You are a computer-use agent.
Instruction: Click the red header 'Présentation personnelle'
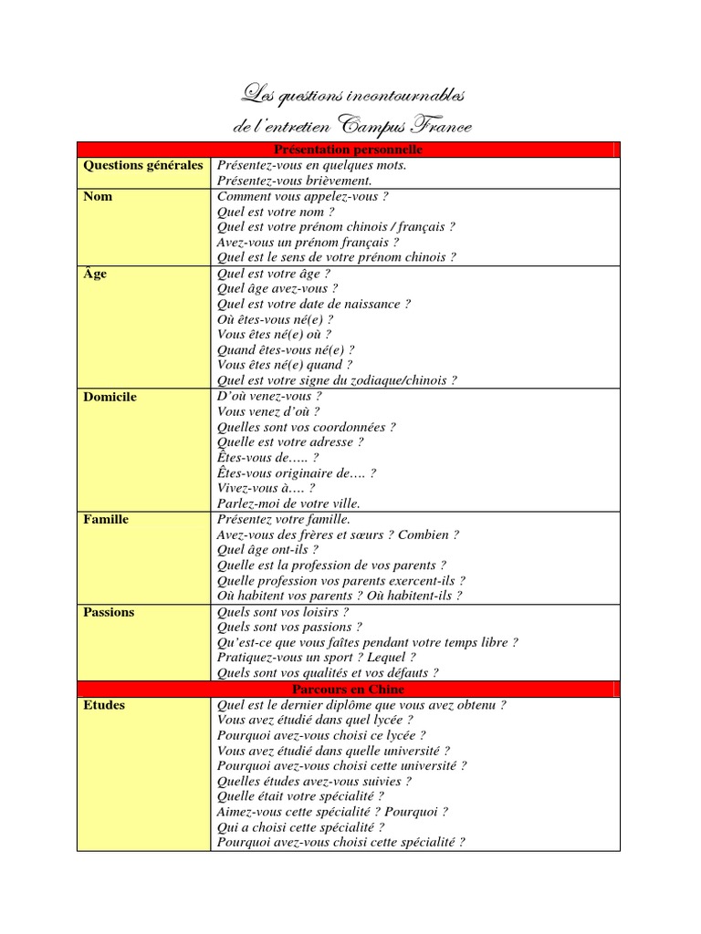tap(348, 150)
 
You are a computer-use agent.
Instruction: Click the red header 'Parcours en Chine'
tap(348, 690)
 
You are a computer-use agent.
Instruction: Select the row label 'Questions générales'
tap(143, 165)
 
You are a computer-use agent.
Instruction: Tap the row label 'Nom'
tap(98, 196)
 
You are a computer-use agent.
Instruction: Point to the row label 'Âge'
tap(95, 274)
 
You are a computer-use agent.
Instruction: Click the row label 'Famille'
tap(106, 519)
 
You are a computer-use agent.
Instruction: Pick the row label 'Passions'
tap(108, 612)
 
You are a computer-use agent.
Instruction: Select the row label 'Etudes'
tap(104, 705)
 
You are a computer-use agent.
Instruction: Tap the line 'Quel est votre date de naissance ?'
tap(314, 304)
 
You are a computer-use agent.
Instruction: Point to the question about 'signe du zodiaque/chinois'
tap(337, 380)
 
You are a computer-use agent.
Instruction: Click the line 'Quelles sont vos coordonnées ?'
tap(306, 427)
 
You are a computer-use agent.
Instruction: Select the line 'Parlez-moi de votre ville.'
tap(288, 503)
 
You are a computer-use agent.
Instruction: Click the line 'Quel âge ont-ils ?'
tap(267, 550)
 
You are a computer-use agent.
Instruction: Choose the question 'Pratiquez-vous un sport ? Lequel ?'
tap(317, 658)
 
